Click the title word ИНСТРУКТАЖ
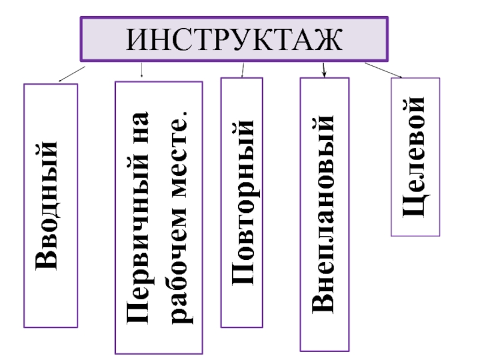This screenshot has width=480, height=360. point(235,39)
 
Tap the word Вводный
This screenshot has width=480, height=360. point(50,205)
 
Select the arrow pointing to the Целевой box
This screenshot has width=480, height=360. point(384,70)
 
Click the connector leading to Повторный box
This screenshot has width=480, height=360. point(242,70)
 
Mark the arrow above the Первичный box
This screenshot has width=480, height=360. point(141,71)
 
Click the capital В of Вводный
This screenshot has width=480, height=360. point(50,259)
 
